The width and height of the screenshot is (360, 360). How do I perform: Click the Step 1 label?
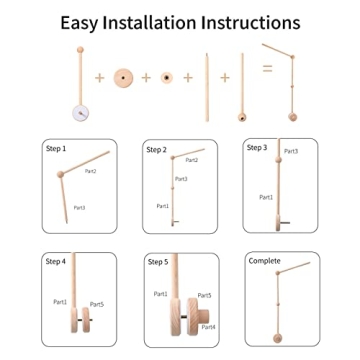[x=56, y=149]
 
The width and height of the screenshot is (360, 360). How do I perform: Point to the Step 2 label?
[x=157, y=149]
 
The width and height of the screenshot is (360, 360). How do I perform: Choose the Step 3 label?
[x=257, y=146]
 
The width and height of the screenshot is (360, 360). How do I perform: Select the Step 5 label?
[x=157, y=261]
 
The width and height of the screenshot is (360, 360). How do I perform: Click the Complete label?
[x=263, y=260]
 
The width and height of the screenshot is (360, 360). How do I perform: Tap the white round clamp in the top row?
[x=77, y=112]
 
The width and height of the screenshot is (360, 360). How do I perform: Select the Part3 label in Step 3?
[x=291, y=151]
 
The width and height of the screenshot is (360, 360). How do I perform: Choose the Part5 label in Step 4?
[x=97, y=303]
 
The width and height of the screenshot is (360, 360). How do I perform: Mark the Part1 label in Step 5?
[x=160, y=293]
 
